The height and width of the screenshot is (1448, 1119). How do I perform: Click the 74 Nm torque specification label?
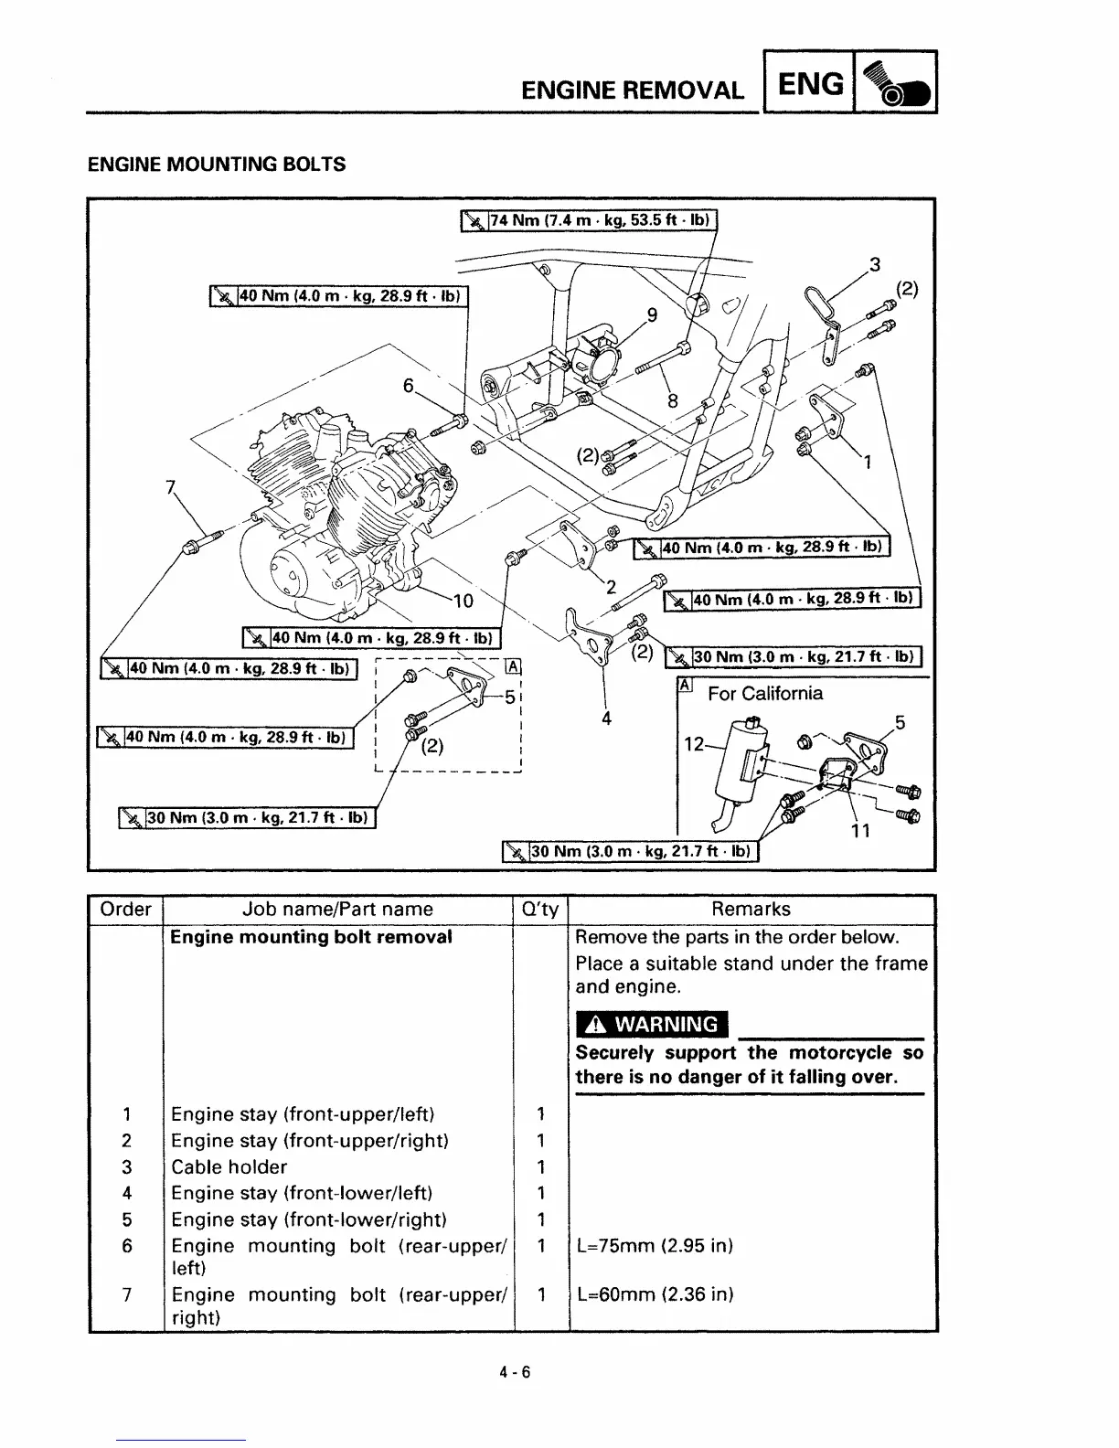point(590,220)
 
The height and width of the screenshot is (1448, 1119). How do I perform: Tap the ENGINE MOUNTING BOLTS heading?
point(217,165)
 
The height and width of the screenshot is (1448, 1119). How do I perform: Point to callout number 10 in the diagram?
point(463,601)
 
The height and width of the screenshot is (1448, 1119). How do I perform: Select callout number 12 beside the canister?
point(694,744)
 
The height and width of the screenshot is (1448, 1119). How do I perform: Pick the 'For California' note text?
point(764,694)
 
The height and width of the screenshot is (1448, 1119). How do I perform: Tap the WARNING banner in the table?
point(652,1024)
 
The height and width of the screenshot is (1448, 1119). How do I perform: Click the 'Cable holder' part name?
point(229,1167)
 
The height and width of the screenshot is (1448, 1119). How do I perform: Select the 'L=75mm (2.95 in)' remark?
point(655,1246)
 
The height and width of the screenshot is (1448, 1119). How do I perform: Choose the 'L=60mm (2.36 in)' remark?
point(655,1294)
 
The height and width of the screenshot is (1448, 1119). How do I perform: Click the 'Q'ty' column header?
point(539,910)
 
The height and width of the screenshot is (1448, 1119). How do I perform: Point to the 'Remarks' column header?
point(751,910)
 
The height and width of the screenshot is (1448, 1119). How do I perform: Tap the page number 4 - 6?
point(516,1371)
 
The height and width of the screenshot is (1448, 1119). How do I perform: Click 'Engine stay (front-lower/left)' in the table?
point(302,1193)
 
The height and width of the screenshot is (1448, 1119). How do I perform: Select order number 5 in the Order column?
point(127,1219)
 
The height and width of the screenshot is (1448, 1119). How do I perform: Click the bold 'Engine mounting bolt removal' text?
point(312,937)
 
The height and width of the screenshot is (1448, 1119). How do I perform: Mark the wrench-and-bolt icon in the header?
point(894,84)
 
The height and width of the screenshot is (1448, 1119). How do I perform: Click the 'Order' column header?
point(125,910)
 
